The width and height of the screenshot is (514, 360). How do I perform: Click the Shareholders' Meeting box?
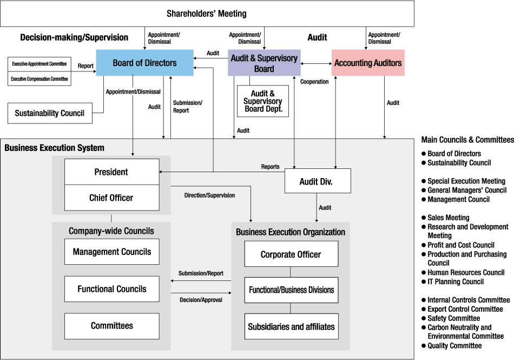[x=207, y=14]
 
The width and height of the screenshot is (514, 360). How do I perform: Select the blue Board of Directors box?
[x=144, y=63]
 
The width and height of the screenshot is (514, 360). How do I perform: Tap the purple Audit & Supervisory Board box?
[x=264, y=63]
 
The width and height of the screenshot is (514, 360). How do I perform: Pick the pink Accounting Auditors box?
[x=368, y=63]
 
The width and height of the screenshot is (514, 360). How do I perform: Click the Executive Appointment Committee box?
[x=39, y=64]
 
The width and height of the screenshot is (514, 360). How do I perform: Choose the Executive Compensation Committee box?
[x=39, y=79]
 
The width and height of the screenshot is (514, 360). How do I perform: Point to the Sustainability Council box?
[x=50, y=113]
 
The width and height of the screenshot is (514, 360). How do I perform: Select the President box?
[x=111, y=172]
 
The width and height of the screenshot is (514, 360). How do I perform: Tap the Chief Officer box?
[x=111, y=198]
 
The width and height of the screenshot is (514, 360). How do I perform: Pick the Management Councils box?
[x=112, y=252]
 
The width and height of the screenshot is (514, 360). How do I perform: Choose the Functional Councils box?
[x=112, y=289]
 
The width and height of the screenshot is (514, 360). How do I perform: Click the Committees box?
[x=112, y=326]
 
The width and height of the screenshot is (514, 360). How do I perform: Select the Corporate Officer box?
[x=291, y=254]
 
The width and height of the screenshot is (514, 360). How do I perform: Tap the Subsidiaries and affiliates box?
[x=291, y=326]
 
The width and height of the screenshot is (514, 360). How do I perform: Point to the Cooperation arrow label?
[x=314, y=82]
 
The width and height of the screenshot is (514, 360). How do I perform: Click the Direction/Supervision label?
[x=209, y=195]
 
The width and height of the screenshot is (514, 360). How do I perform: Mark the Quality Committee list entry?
[x=454, y=345]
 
